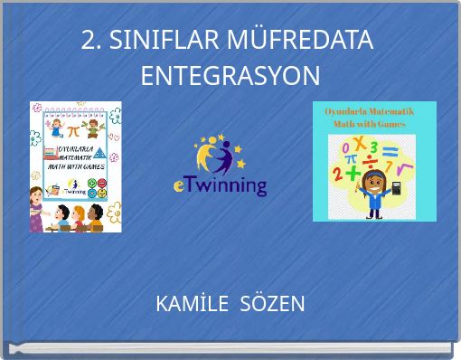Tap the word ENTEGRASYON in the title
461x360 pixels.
click(230, 75)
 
